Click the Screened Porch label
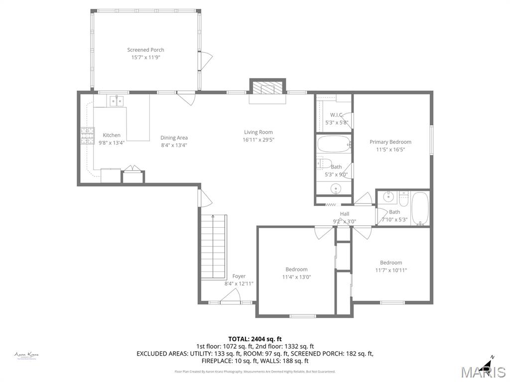tap(145, 50)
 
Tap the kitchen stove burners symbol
tap(88, 136)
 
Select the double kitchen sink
tap(117, 101)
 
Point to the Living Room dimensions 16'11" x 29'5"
tap(258, 140)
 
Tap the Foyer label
tap(239, 276)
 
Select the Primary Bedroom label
tap(390, 142)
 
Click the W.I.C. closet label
tap(336, 115)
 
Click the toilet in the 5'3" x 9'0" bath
tap(324, 163)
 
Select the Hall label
tap(344, 214)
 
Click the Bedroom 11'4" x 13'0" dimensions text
tap(296, 278)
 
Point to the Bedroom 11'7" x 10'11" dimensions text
tap(391, 271)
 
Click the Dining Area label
tap(174, 138)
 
